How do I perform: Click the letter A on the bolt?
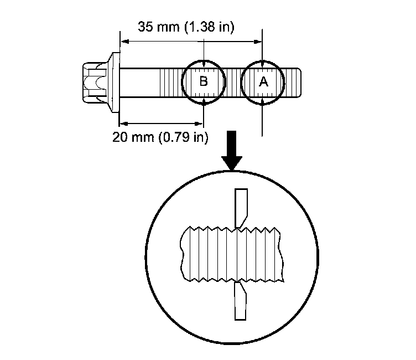[263, 82]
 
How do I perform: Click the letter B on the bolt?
[204, 82]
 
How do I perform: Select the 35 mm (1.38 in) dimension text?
[186, 27]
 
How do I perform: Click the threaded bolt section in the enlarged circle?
[232, 253]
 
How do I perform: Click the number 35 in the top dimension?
[145, 27]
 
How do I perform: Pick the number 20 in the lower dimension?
[119, 137]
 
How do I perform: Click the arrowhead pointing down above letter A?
[263, 64]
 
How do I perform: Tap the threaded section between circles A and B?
[234, 82]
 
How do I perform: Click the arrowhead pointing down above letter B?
[204, 64]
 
